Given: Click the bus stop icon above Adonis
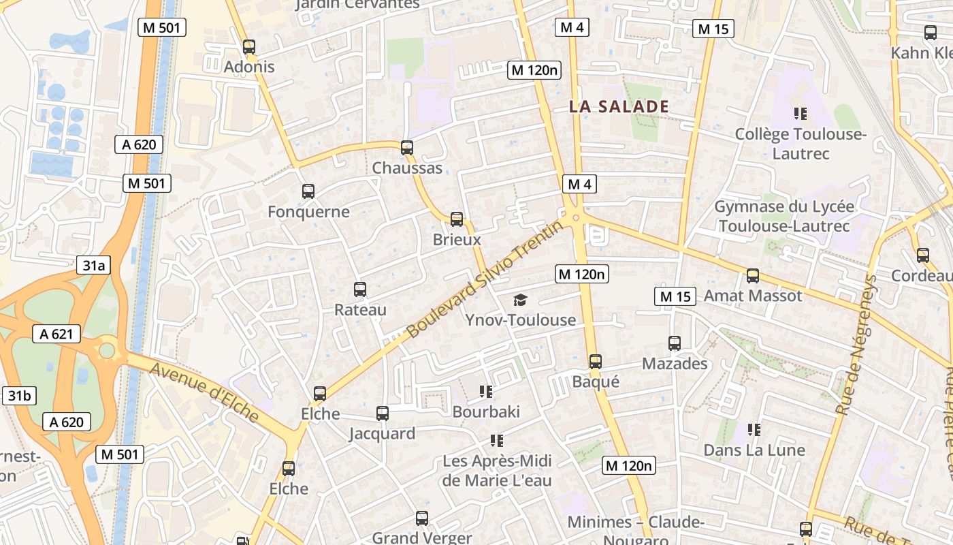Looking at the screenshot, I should [249, 47].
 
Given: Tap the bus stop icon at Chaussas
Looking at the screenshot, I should [407, 147].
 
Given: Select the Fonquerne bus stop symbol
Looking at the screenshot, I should [308, 191].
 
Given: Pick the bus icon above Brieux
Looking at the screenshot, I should [457, 219].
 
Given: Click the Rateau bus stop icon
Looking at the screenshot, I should [360, 290].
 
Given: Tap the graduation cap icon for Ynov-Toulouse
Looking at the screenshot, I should [520, 300].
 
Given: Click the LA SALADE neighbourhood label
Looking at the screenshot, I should [619, 107].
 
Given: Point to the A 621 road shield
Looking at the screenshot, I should [56, 334].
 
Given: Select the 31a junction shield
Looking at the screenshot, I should [93, 266].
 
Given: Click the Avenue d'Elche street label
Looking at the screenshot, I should [204, 392].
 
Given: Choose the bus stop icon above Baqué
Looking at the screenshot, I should [596, 362].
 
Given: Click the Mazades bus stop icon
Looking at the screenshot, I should [675, 343].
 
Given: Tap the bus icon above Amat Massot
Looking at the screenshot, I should [753, 276].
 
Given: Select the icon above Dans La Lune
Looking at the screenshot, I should [754, 430].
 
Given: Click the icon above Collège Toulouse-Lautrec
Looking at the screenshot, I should [800, 114].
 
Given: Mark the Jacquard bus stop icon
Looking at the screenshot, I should [383, 414].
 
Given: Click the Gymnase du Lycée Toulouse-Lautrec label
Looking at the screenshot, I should [784, 216].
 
